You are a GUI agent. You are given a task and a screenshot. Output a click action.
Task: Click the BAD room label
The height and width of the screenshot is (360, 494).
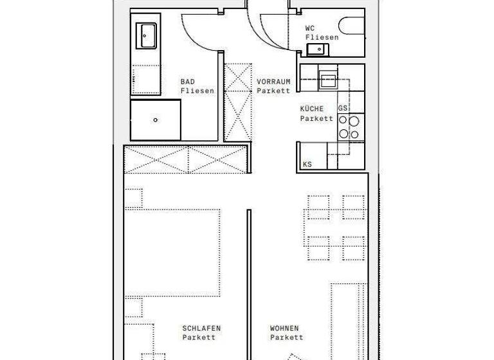pos(188,82)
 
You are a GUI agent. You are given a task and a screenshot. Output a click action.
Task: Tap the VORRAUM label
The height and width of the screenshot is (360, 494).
pos(273,82)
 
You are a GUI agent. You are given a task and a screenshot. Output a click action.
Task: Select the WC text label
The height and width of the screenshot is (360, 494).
pos(310,28)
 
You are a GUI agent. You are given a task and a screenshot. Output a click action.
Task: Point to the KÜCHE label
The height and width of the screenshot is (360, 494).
pos(312,109)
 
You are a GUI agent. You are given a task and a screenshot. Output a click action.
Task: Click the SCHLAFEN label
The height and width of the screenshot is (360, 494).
pos(201,328)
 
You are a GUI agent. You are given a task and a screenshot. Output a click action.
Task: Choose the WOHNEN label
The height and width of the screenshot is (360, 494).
pos(284,328)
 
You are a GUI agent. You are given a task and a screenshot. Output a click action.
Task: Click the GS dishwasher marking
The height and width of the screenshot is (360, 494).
pos(343,108)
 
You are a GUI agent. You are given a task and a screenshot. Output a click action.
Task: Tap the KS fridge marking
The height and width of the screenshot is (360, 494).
pos(307,165)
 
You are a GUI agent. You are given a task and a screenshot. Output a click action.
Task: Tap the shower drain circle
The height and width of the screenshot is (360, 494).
pos(156,120)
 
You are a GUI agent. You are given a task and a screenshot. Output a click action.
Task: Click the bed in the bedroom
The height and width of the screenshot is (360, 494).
pos(172,251)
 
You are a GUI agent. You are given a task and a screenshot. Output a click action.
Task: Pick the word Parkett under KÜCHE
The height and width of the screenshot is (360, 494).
pos(316,118)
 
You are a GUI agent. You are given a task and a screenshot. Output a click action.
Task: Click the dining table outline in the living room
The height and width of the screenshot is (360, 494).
pos(336,228)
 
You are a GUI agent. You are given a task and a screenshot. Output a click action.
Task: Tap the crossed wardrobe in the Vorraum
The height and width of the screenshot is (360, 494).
pos(237,102)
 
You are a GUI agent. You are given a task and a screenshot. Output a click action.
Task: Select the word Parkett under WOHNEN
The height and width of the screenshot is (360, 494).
pos(286,337)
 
